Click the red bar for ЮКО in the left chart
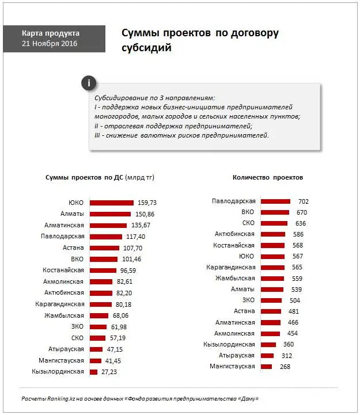click(x=111, y=203)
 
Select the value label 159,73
click(x=147, y=203)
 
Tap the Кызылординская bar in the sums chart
click(x=94, y=372)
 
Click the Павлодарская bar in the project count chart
click(x=275, y=201)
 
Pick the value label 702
click(x=303, y=201)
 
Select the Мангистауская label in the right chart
click(x=232, y=366)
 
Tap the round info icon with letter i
click(x=88, y=83)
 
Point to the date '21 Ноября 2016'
click(x=50, y=44)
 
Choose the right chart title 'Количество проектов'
click(x=268, y=177)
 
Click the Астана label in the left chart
click(x=74, y=248)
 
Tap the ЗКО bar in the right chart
click(x=271, y=300)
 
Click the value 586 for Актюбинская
click(x=298, y=234)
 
